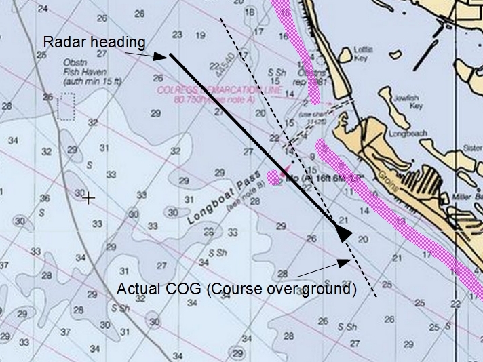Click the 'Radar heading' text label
coord(94,42)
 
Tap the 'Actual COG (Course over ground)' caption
coord(237,289)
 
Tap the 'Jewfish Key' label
coord(407,102)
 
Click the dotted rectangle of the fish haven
coord(66,107)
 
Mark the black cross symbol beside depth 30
coord(89,198)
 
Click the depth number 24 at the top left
coord(43,9)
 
